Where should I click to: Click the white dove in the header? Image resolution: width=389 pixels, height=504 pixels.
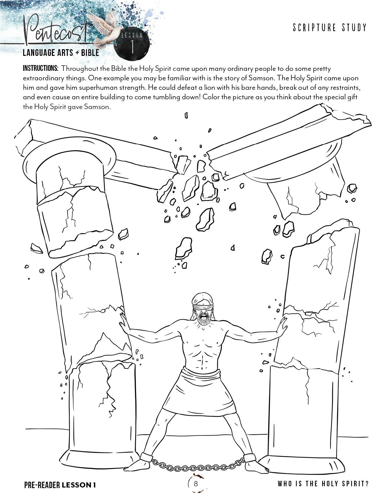pos(106,28)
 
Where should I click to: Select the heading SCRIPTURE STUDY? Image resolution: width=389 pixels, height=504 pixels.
pos(330,27)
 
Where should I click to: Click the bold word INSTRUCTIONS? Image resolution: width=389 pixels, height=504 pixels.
pos(41,68)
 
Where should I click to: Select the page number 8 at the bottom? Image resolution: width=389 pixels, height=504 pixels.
pos(196,484)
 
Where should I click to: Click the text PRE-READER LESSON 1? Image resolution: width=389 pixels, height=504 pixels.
pos(60,485)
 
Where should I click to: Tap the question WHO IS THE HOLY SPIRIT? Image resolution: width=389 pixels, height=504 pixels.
pos(323,484)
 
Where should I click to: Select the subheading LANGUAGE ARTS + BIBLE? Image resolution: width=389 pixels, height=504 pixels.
pos(61,53)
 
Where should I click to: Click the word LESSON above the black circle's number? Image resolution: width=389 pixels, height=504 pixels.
pos(132,35)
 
